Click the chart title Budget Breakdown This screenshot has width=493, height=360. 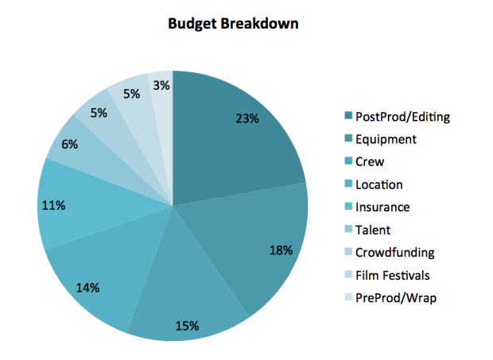(233, 24)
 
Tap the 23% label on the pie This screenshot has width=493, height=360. (247, 118)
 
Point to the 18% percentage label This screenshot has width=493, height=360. (281, 250)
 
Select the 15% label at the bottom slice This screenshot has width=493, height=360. (187, 326)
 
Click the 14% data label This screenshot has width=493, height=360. (87, 288)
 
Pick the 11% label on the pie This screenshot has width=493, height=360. (53, 206)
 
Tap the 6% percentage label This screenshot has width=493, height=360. (69, 145)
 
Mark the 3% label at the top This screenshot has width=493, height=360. (161, 86)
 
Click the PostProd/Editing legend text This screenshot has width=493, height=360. (403, 117)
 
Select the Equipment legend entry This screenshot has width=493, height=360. (386, 140)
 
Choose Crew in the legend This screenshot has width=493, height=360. (370, 162)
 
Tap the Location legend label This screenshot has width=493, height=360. (379, 184)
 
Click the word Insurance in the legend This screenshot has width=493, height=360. (382, 207)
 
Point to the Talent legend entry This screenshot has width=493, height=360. (373, 230)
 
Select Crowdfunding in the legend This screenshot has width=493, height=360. (395, 253)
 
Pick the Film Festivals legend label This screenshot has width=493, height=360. (393, 276)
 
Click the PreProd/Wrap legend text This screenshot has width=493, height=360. (396, 298)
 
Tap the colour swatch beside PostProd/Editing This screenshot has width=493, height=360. (348, 115)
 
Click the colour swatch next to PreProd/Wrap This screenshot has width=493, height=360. (348, 296)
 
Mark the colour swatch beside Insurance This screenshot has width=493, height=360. (348, 206)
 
